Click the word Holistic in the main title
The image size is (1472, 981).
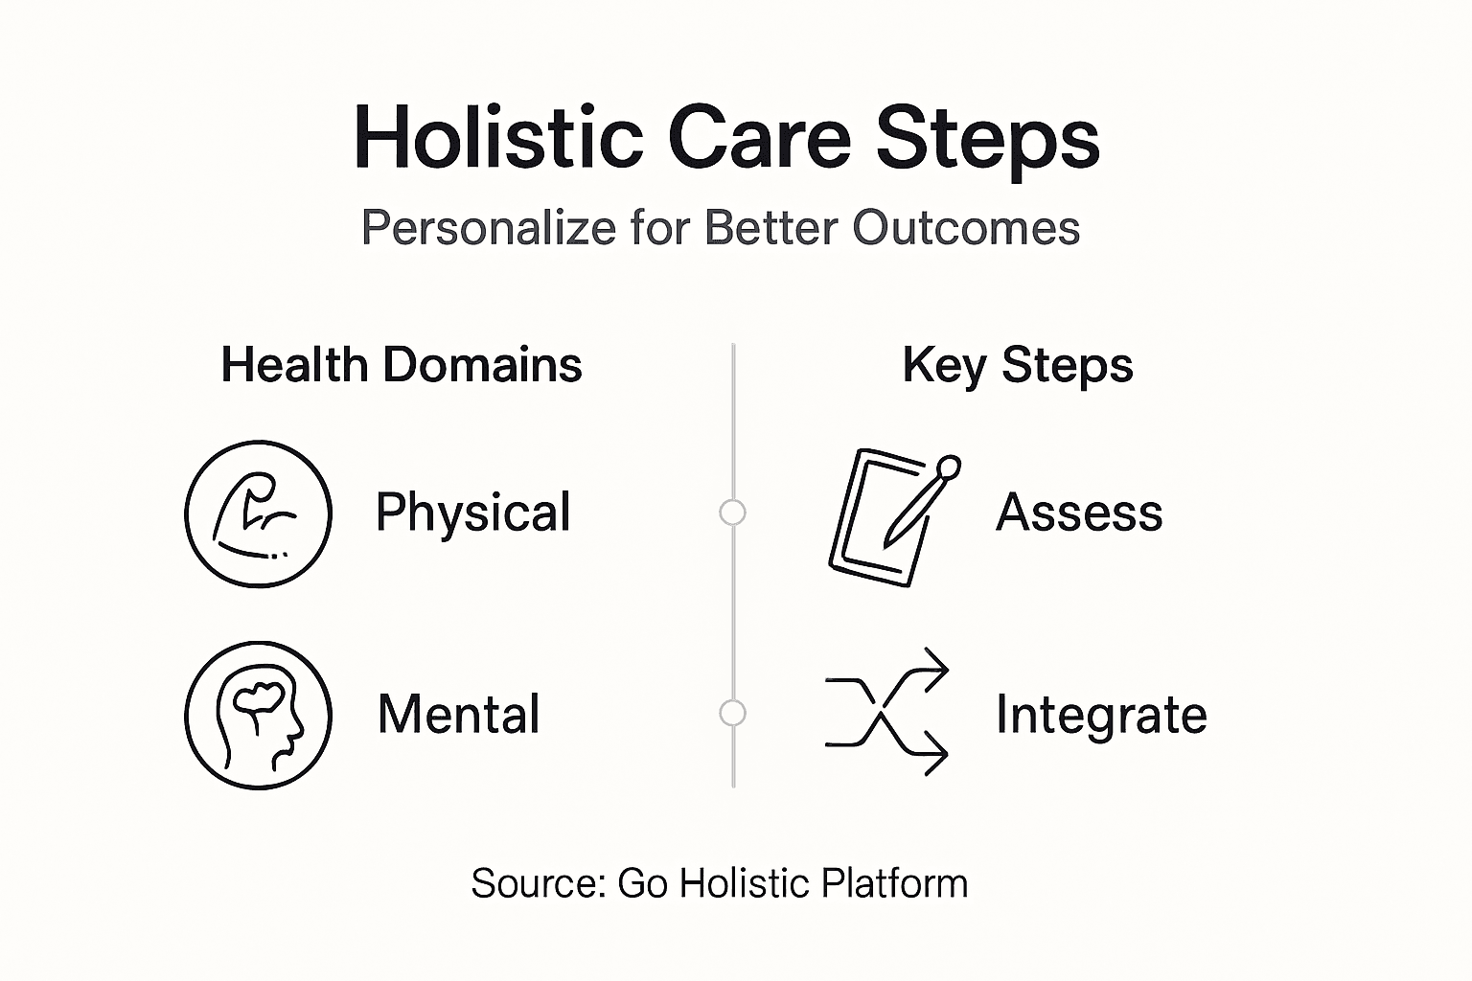tap(498, 138)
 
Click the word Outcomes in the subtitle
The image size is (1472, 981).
tap(966, 228)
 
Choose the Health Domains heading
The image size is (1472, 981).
tap(402, 365)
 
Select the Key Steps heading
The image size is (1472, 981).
tap(1018, 367)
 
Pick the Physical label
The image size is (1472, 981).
tap(473, 513)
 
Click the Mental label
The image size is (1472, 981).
tap(459, 715)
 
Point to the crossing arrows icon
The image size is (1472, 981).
tap(885, 712)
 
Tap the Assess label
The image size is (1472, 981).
tap(1079, 513)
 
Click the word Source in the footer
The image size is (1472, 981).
tap(539, 883)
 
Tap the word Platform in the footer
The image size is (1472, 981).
tap(894, 883)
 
